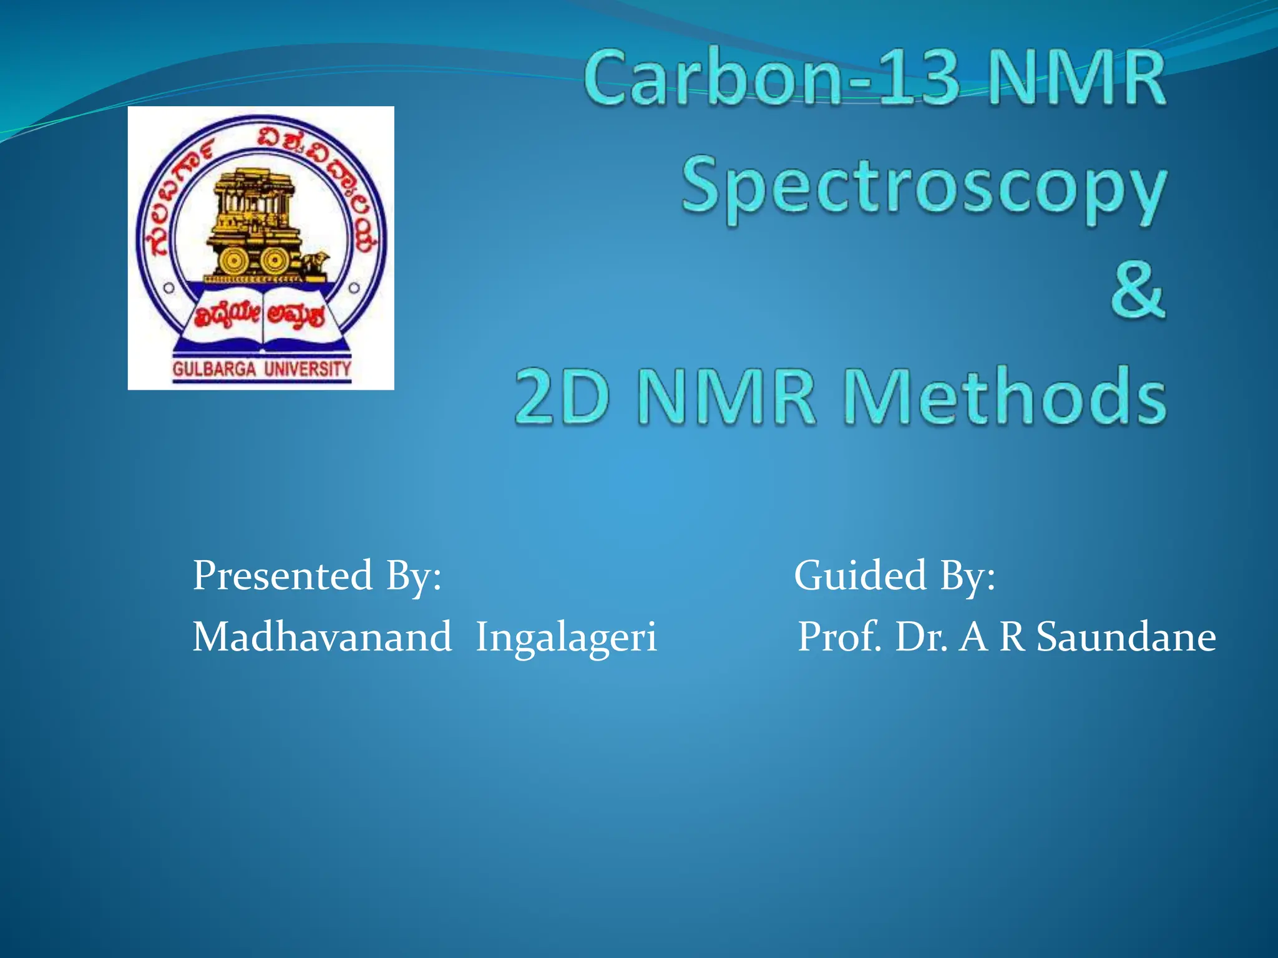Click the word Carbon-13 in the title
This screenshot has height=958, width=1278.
tap(771, 80)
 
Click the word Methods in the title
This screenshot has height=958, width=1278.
tap(1005, 397)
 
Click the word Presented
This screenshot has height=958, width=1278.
tap(282, 575)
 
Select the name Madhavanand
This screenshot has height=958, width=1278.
tap(322, 637)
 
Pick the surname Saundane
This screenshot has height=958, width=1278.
tap(1126, 637)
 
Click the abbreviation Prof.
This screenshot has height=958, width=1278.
tap(840, 637)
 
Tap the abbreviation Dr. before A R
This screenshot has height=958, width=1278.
tap(921, 637)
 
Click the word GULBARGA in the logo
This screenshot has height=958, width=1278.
tap(214, 369)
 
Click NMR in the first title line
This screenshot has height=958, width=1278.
tap(1077, 80)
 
